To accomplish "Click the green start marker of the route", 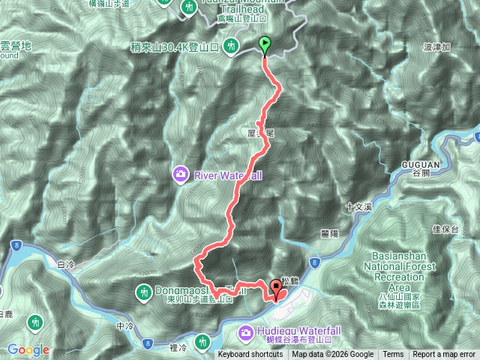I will (265, 45).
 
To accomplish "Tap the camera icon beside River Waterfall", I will (181, 176).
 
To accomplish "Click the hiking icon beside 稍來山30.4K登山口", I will (232, 45).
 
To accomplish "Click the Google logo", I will (28, 349).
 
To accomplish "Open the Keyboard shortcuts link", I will (250, 355).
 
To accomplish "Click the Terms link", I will (393, 355).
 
